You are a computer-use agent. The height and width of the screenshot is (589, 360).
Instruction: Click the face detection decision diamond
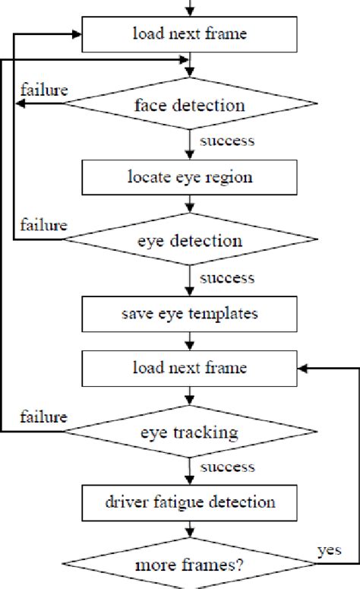click(x=189, y=103)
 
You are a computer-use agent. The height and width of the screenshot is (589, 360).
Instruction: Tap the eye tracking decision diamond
click(x=189, y=432)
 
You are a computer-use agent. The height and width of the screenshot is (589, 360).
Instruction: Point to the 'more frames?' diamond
click(x=189, y=566)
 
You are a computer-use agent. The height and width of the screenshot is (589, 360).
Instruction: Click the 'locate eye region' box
click(x=189, y=179)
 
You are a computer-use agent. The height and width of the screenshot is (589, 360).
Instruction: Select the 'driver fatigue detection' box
click(x=189, y=502)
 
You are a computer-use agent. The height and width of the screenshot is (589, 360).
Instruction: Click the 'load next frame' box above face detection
click(x=189, y=33)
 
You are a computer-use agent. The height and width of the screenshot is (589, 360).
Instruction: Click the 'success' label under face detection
click(x=226, y=141)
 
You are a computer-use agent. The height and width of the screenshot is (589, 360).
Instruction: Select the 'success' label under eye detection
click(x=226, y=277)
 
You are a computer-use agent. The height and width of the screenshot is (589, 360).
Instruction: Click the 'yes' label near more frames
click(x=329, y=549)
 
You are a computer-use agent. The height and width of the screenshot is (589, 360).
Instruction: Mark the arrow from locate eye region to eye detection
click(x=189, y=206)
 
